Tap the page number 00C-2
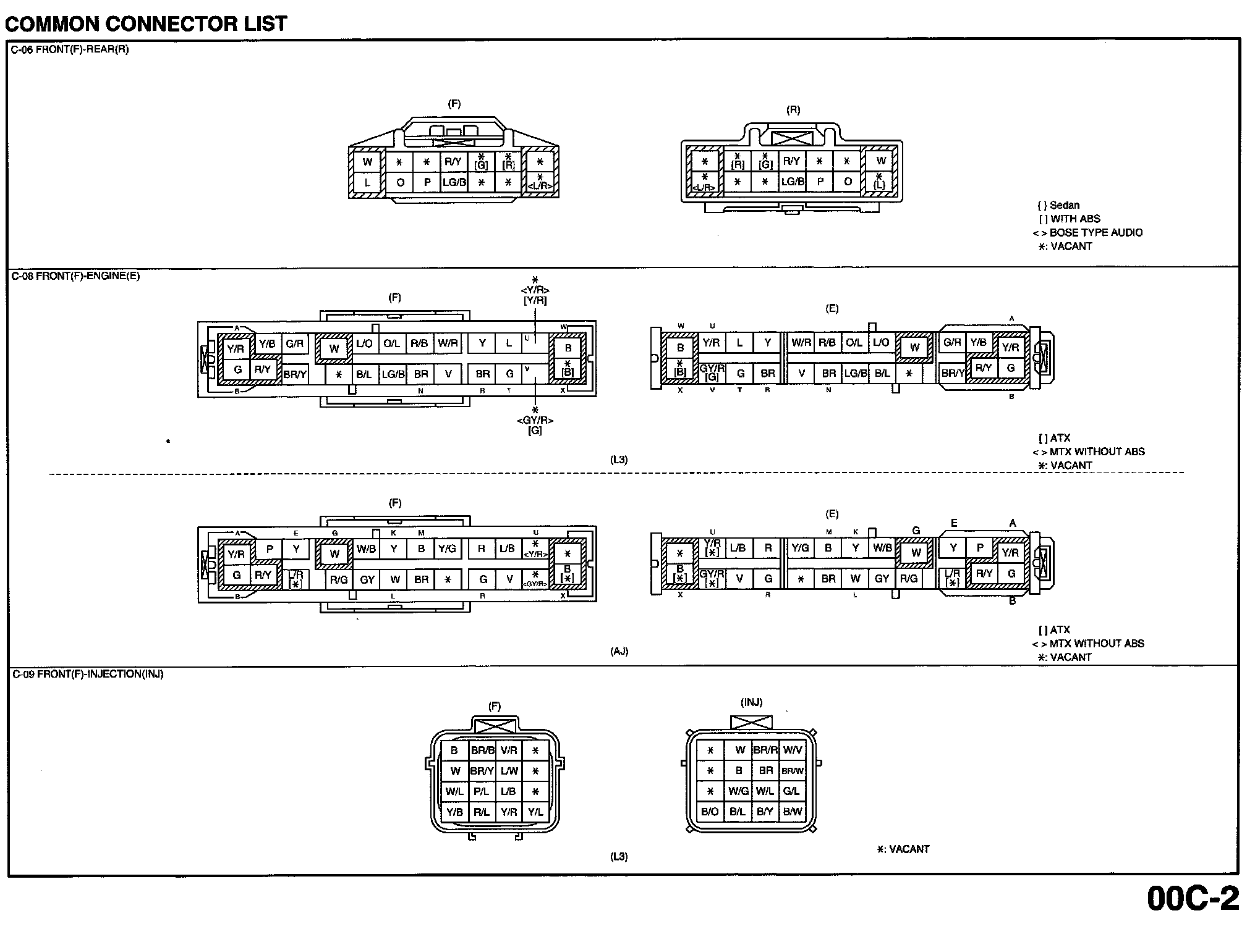tap(1193, 899)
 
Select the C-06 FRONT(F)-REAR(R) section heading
tap(70, 49)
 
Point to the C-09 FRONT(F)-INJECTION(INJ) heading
tap(88, 674)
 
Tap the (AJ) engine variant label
tap(619, 651)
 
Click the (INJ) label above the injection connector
tap(751, 702)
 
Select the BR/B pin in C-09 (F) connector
tap(482, 750)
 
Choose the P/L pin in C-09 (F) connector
tap(482, 791)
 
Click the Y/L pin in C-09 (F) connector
tap(535, 812)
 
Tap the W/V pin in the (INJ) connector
tap(793, 750)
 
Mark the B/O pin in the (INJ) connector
tap(710, 812)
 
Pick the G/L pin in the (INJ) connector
tap(791, 791)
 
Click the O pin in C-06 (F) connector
tap(400, 182)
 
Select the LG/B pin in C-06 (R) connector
tap(793, 182)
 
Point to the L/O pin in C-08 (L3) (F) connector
tap(364, 343)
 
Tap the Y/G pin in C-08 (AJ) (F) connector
tap(447, 549)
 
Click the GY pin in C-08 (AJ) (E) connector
tap(882, 579)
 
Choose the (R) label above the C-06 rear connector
tap(793, 110)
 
